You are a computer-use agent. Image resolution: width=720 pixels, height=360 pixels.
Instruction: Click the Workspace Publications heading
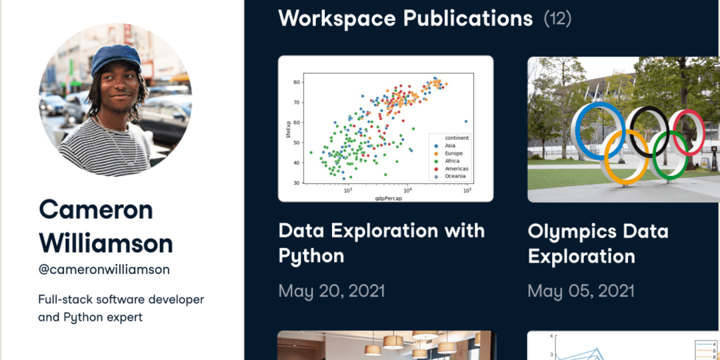click(x=405, y=18)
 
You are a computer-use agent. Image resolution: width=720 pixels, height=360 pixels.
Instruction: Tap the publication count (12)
click(x=557, y=19)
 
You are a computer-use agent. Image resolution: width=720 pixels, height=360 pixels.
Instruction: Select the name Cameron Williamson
click(x=106, y=227)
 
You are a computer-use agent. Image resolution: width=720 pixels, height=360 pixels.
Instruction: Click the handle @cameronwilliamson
click(x=104, y=269)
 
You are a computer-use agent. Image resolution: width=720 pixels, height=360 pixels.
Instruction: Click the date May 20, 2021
click(x=331, y=291)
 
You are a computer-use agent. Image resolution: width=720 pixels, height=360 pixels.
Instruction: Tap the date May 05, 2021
click(x=581, y=291)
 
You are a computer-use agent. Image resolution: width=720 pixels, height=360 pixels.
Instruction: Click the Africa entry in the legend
click(x=453, y=161)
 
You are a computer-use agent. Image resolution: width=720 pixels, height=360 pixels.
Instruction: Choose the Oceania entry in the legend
click(x=456, y=177)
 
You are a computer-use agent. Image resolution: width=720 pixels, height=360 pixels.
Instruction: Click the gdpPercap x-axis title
click(x=386, y=197)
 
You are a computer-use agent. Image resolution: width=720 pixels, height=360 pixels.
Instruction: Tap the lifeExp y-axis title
click(x=289, y=129)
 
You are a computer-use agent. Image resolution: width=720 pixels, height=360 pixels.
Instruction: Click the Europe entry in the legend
click(x=454, y=153)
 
